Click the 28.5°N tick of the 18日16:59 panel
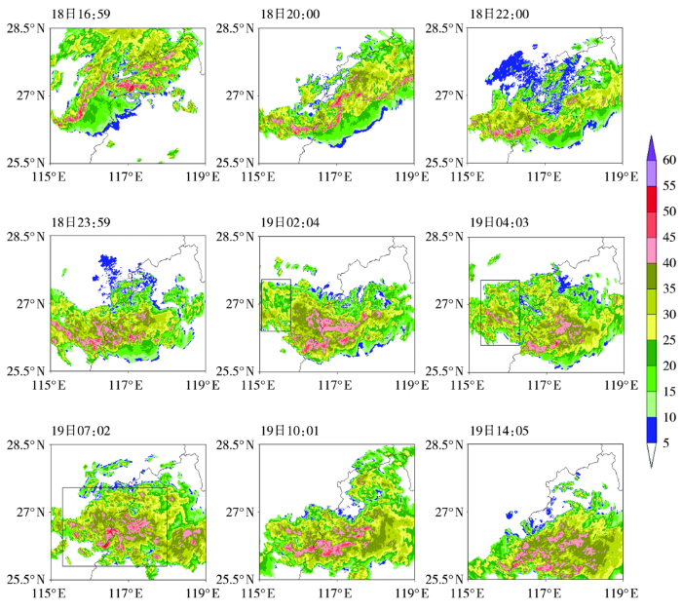[x=25, y=29]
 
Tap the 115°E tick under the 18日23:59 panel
[x=50, y=384]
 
